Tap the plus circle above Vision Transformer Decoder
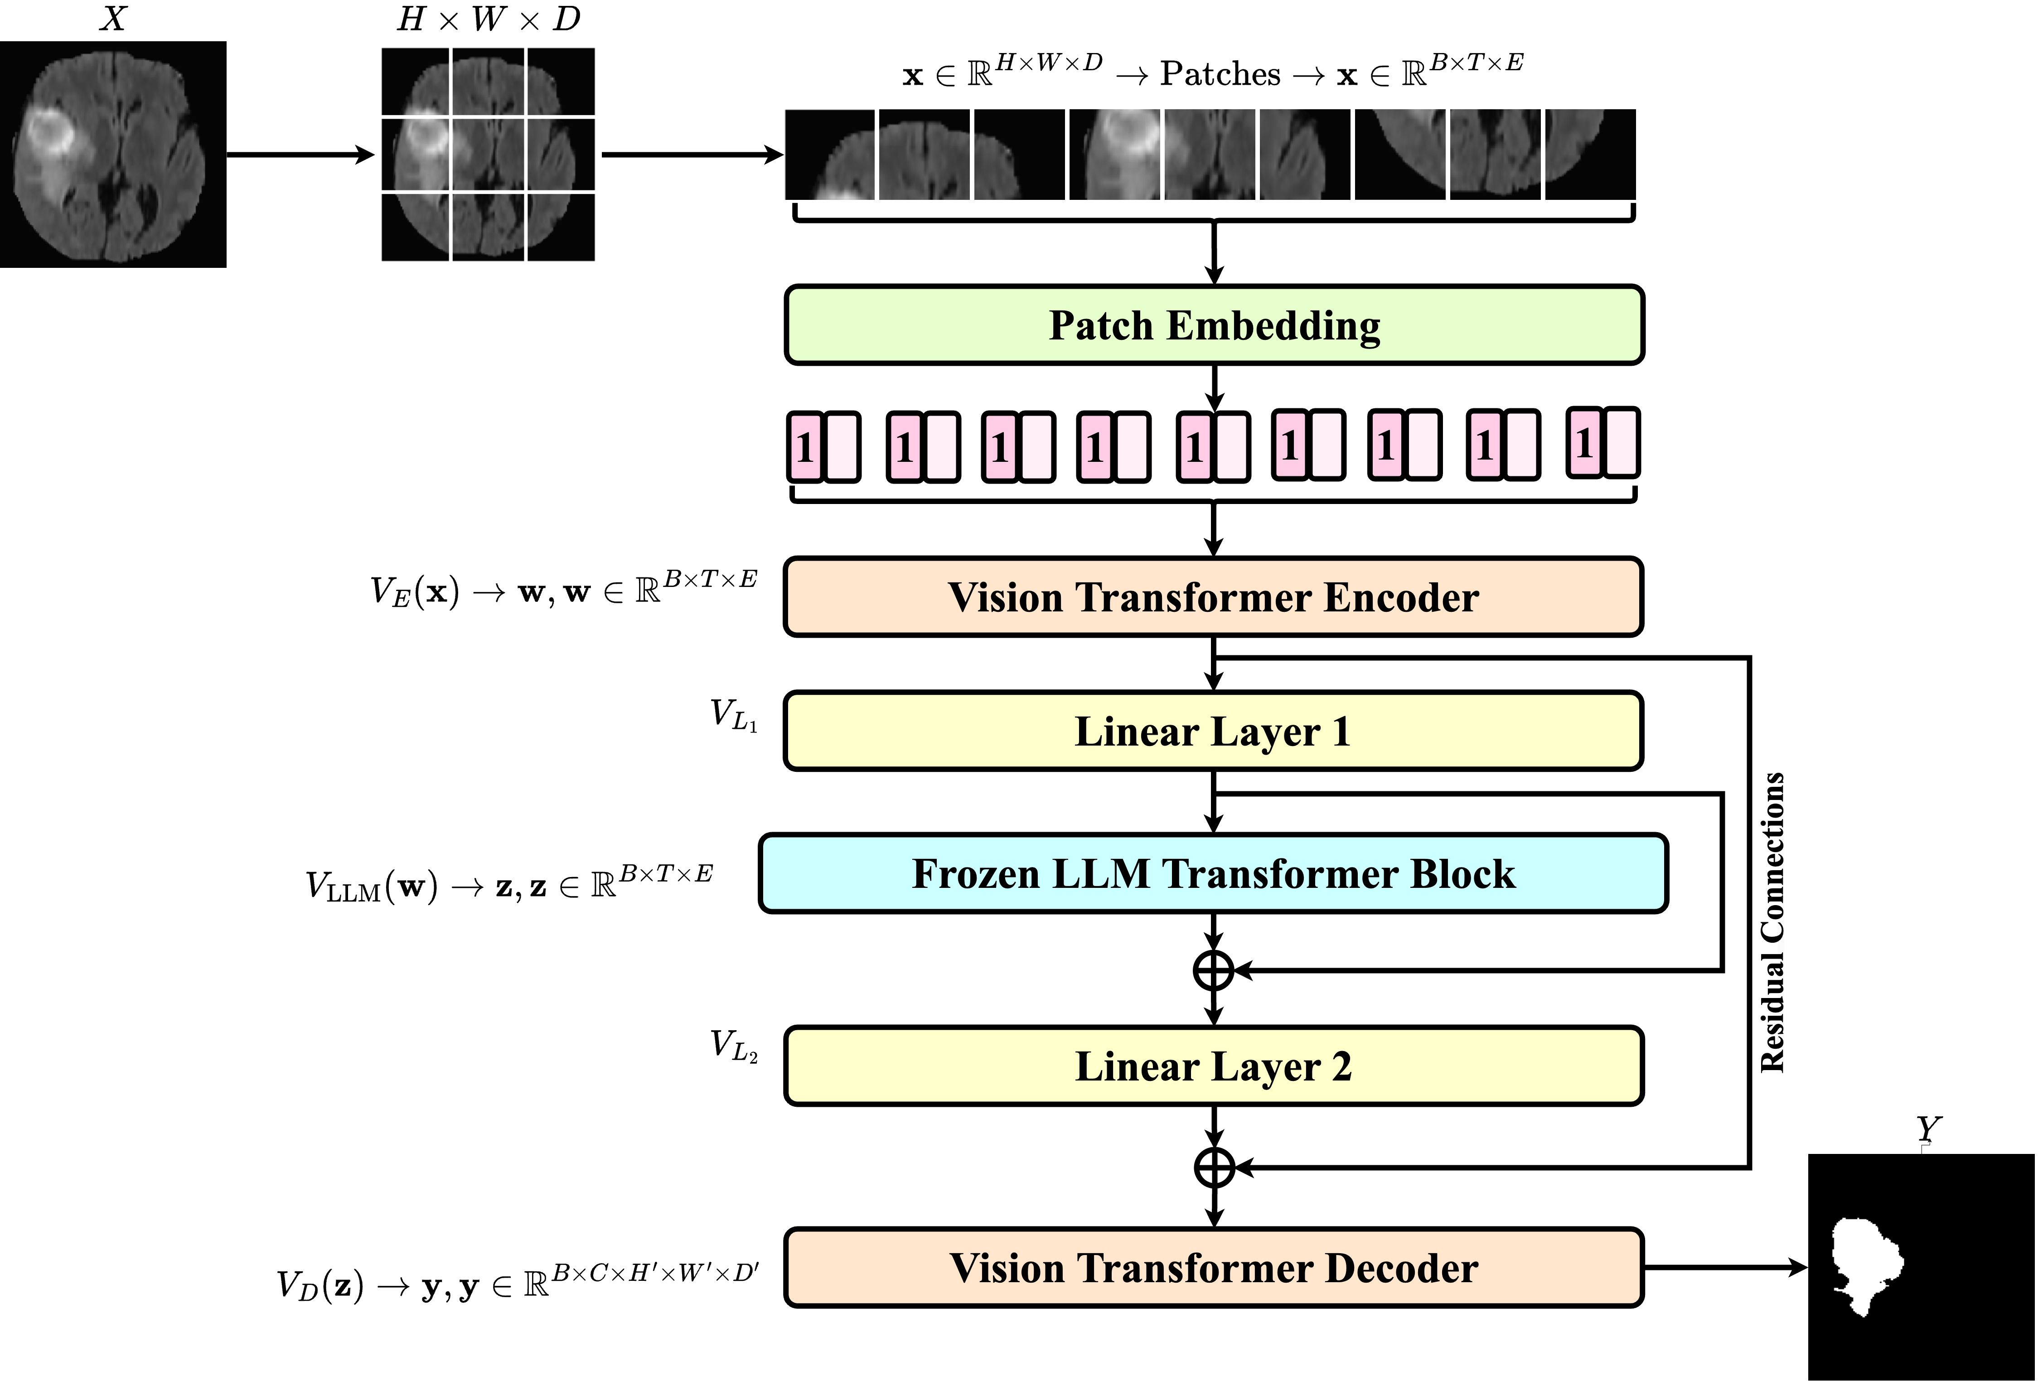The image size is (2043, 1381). [x=1214, y=1168]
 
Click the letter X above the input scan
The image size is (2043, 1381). [x=112, y=18]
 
